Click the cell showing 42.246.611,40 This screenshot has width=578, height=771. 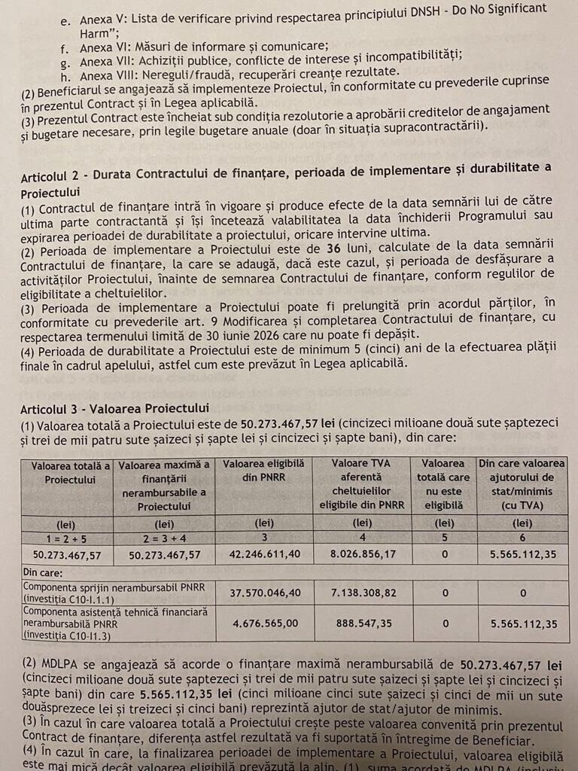(263, 554)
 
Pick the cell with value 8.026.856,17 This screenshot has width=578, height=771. (363, 554)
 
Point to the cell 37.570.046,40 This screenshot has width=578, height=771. (263, 593)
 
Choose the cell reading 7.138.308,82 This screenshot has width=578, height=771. (363, 593)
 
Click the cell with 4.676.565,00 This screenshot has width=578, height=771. (263, 623)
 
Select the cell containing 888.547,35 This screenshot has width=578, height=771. (363, 623)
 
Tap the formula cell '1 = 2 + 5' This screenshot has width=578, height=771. (66, 538)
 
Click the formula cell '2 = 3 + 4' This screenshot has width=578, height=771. (163, 538)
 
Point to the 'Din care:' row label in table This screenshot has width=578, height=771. (43, 572)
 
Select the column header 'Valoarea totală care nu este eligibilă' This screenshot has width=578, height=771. (444, 485)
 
